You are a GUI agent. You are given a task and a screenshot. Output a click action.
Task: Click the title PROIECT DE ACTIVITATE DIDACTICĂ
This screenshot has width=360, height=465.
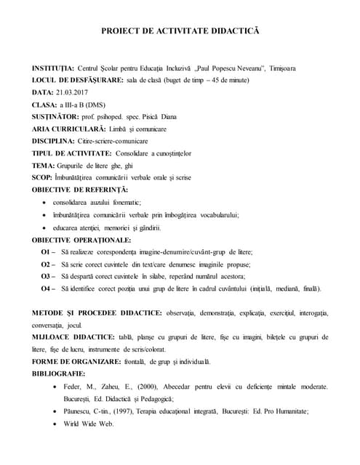tap(179, 33)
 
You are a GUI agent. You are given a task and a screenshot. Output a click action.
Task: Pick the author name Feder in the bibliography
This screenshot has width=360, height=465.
tap(74, 387)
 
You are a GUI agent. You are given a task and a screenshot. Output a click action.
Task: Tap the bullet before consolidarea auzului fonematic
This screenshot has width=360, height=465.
tap(47, 202)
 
